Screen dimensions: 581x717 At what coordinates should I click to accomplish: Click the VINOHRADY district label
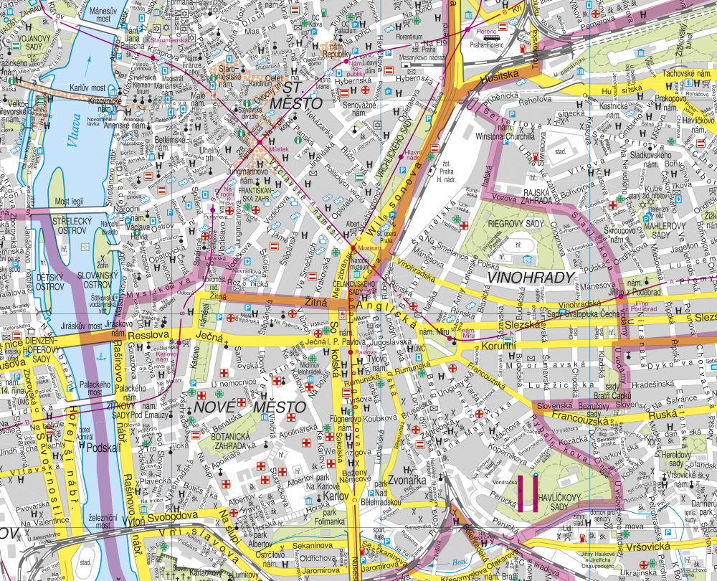(531, 278)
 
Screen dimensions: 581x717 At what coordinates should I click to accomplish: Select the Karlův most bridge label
(87, 88)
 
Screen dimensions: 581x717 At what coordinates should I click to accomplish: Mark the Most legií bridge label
(74, 202)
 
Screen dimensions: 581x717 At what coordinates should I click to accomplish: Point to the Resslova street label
(147, 334)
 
